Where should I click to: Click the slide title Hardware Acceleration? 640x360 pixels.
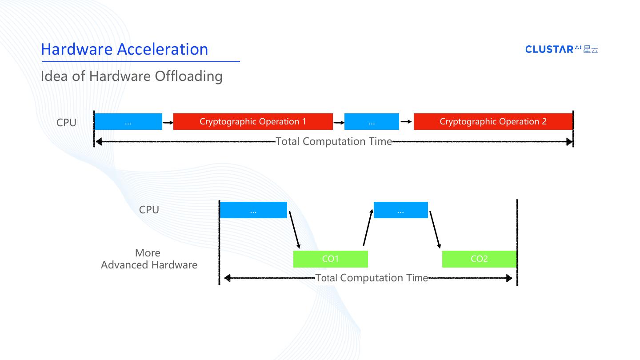pos(124,49)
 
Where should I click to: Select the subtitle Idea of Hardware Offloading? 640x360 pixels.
pos(132,76)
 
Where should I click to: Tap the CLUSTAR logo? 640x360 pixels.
pos(562,49)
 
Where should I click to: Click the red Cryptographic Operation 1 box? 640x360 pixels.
pos(253,122)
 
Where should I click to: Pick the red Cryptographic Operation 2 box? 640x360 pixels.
pos(493,122)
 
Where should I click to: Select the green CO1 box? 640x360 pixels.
pos(330,259)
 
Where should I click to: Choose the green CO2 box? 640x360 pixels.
pos(479,259)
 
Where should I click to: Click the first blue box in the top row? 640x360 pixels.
pos(128,122)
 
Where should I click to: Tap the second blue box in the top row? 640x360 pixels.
pos(372,122)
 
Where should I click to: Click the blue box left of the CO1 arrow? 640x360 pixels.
pos(253,210)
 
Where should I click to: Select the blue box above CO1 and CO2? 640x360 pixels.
pos(400,210)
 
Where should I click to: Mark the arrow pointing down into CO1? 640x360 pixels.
pos(295,230)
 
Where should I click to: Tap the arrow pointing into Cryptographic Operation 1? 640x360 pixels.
pos(168,122)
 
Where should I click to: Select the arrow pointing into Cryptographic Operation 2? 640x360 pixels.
pos(406,121)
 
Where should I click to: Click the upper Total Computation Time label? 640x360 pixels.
pos(334,142)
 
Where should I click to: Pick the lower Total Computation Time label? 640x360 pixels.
pos(372,278)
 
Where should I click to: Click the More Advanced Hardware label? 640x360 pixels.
pos(148,259)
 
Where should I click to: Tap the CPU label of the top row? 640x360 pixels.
pos(66,123)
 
